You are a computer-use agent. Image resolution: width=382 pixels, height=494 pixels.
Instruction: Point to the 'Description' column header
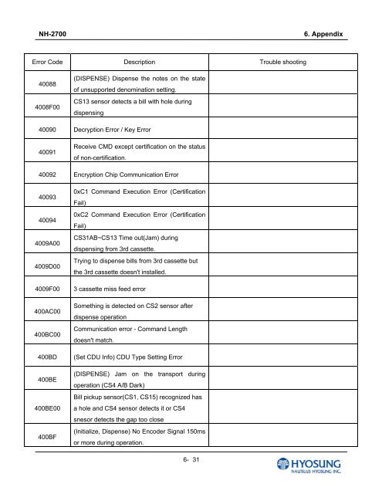click(x=140, y=60)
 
